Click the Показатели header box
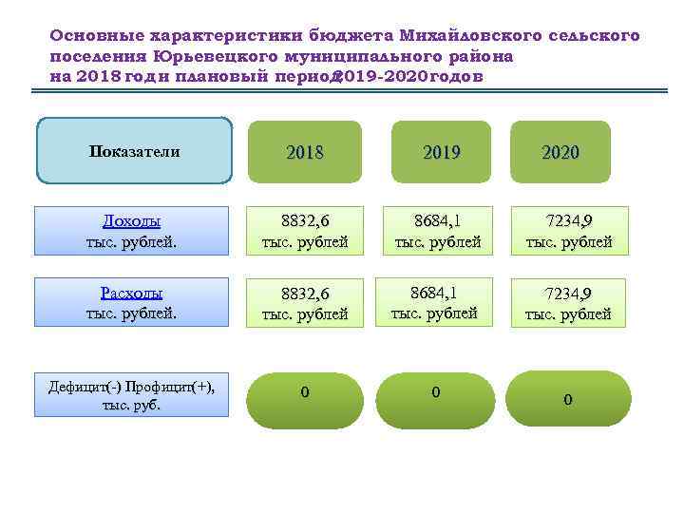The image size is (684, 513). pos(134,150)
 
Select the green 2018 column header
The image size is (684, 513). pos(304,151)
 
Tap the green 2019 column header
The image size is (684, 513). pos(440,151)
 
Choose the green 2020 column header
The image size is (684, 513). pos(560,151)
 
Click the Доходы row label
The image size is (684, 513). pos(131,232)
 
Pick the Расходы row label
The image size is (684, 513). pos(131,302)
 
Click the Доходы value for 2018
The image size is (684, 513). pos(305,232)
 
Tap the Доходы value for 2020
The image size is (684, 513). pos(569,232)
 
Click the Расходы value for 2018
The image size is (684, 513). pos(305,302)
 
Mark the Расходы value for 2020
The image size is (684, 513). pos(568,303)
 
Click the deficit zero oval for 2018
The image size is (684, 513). pos(304,399)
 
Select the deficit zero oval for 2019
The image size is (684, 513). pos(436,399)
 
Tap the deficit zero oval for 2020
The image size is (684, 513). pos(568,399)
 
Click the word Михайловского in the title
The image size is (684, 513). pos(470,36)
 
